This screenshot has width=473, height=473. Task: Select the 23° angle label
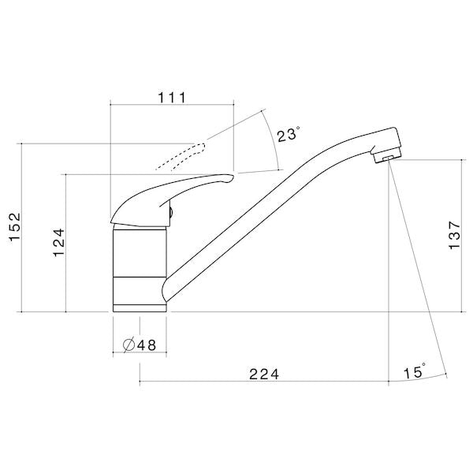coord(288,135)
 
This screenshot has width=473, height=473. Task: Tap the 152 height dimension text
coord(12,228)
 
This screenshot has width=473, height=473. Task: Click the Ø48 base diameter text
coord(139,345)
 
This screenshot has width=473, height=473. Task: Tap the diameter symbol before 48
coord(128,345)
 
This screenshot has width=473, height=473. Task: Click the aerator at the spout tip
coord(385,158)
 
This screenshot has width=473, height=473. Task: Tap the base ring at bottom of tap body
coord(140,306)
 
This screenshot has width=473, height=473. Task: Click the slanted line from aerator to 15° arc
coord(418,268)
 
